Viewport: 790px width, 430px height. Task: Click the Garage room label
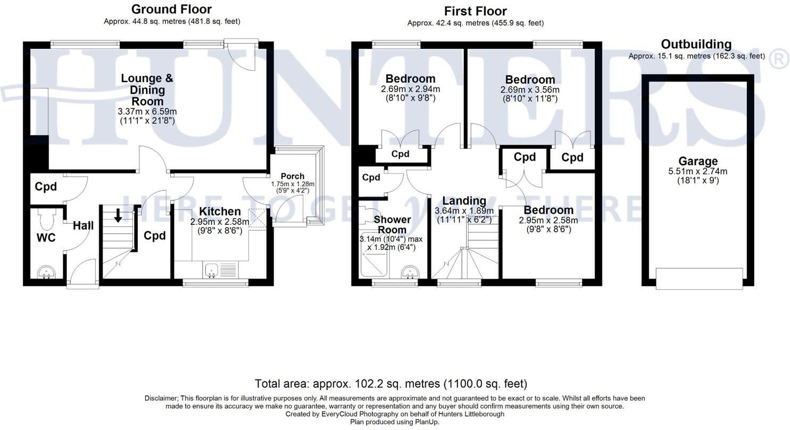(x=698, y=161)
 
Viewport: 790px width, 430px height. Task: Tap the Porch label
(x=292, y=176)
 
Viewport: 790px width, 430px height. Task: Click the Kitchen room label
(x=220, y=212)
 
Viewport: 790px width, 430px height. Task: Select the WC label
(x=46, y=238)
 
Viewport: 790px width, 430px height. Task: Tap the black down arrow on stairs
(x=118, y=215)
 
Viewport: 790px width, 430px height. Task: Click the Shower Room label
(x=392, y=224)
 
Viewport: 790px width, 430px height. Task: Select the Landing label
(x=464, y=200)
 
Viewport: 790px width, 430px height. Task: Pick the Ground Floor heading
(x=171, y=9)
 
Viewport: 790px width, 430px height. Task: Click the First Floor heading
(x=475, y=11)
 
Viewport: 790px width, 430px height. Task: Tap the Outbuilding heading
(x=696, y=44)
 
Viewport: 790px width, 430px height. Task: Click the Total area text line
(x=390, y=383)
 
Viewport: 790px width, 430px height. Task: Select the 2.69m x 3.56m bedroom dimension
(x=530, y=90)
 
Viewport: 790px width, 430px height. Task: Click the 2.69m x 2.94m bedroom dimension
(x=410, y=89)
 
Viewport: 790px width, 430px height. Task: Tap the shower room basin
(x=409, y=272)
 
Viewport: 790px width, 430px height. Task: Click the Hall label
(x=83, y=225)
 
